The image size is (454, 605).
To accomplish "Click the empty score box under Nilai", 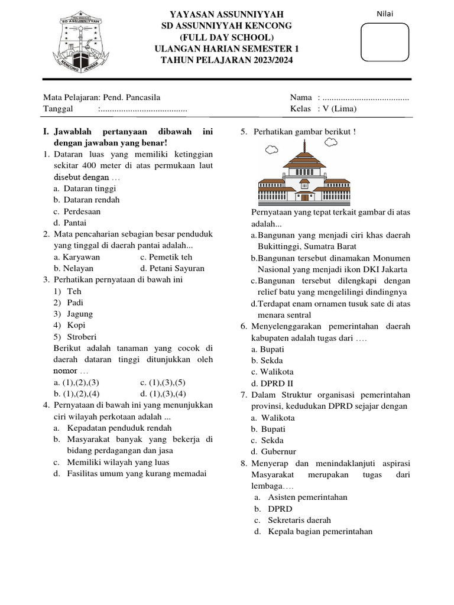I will point(385,42).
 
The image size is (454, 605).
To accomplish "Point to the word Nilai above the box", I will point(385,14).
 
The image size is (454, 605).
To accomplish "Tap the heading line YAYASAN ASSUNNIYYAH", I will point(226,14).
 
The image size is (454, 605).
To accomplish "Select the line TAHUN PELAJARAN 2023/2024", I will point(226,60).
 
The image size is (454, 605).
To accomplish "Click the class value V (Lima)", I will point(339,109).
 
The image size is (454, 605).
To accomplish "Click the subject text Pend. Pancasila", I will point(131,97).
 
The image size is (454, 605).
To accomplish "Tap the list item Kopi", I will point(76,325).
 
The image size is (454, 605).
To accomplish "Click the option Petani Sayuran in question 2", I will point(172,268).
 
